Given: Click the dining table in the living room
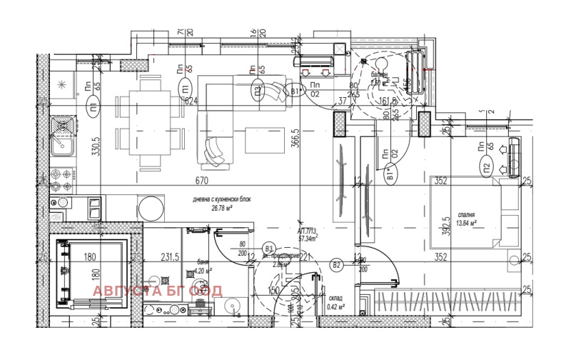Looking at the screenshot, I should click(x=151, y=122).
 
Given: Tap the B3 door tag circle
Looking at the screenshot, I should click(x=269, y=247).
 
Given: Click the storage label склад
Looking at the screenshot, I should click(x=336, y=299).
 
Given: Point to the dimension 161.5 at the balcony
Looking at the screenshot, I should click(x=388, y=101).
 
